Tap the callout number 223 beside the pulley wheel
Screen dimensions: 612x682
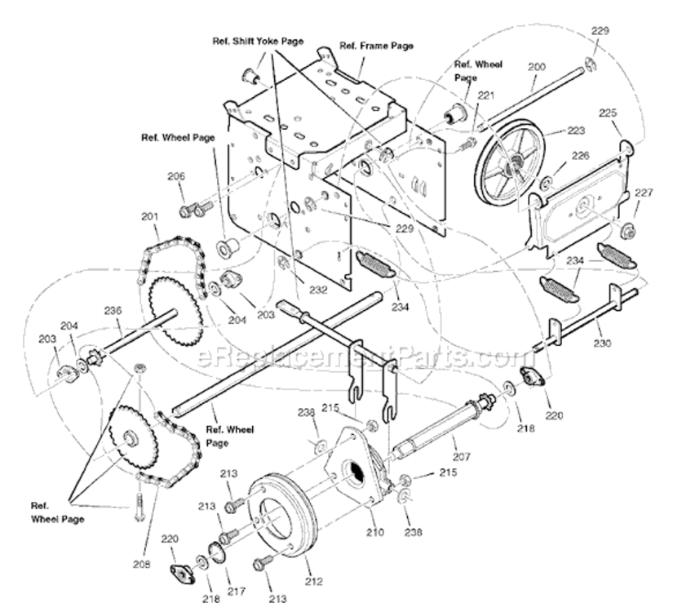(577, 130)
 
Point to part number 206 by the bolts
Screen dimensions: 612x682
(176, 176)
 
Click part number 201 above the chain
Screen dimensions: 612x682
(148, 216)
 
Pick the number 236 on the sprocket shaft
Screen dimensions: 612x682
(112, 310)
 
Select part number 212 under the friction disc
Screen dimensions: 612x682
(313, 581)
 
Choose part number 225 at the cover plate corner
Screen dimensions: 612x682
(609, 113)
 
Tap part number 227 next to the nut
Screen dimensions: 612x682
(644, 193)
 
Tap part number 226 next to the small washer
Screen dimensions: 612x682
(579, 155)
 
